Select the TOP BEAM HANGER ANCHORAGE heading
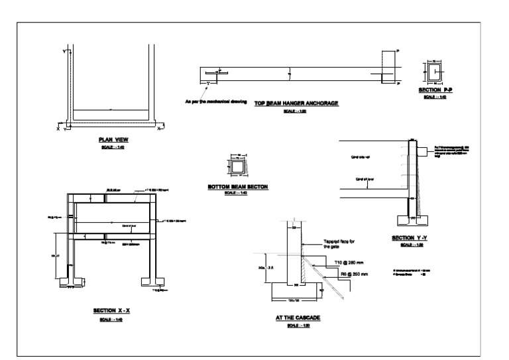296,103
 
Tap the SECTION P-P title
434,90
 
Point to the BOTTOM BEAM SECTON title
237,188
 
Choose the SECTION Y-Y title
412,238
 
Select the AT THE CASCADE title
298,318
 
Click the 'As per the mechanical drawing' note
216,102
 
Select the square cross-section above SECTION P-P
434,72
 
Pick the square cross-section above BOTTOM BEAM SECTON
237,165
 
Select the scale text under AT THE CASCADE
298,326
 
